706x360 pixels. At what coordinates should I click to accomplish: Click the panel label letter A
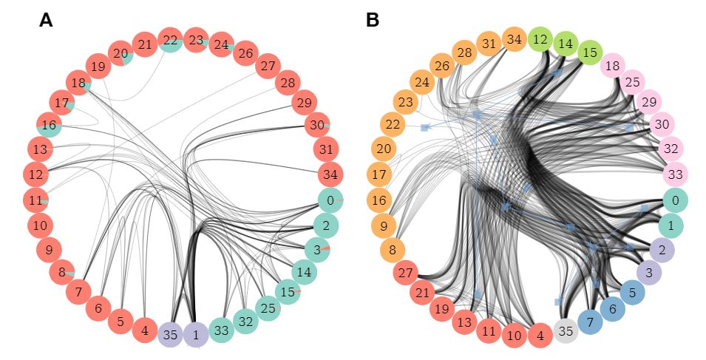pyautogui.click(x=46, y=21)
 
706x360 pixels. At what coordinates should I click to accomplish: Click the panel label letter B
pyautogui.click(x=372, y=21)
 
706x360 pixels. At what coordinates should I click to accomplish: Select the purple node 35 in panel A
pyautogui.click(x=171, y=334)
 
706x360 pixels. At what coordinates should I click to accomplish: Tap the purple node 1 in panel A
pyautogui.click(x=196, y=334)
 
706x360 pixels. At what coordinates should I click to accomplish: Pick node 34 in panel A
pyautogui.click(x=330, y=175)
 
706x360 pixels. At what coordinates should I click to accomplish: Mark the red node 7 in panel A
pyautogui.click(x=78, y=292)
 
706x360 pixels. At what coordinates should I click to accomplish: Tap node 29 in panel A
pyautogui.click(x=303, y=102)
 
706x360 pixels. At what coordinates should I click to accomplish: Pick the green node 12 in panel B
pyautogui.click(x=540, y=38)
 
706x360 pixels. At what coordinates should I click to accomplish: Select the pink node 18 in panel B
pyautogui.click(x=612, y=67)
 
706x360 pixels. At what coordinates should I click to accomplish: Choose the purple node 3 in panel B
pyautogui.click(x=649, y=273)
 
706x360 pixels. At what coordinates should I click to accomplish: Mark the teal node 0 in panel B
pyautogui.click(x=674, y=200)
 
